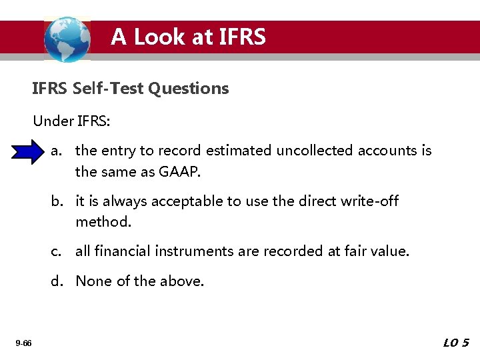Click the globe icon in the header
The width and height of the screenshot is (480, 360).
[x=67, y=39]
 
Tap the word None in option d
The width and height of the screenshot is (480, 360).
[x=94, y=281]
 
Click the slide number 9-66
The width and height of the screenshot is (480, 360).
[x=23, y=343]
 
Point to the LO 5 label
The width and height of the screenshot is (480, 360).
[x=456, y=343]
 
